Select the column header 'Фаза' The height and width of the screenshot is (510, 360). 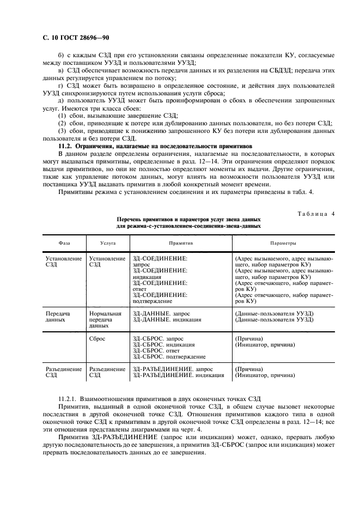coord(64,243)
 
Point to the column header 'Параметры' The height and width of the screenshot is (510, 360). coord(284,243)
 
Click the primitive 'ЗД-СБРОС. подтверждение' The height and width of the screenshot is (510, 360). coord(169,356)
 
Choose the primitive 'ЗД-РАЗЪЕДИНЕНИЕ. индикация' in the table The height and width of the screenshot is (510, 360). coord(178,375)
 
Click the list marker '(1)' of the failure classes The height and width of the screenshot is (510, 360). coord(63,116)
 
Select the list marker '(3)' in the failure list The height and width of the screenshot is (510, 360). coord(63,131)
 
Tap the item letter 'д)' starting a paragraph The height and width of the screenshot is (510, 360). coord(61,100)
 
